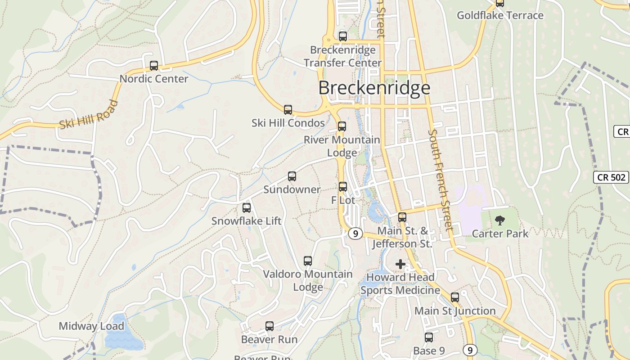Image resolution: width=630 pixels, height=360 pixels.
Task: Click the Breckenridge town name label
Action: pos(374,88)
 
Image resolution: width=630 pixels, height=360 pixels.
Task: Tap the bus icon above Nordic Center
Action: pos(154,66)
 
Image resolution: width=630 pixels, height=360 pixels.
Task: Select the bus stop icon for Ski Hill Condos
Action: pos(288,110)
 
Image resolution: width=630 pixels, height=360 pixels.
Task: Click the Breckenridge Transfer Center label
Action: pos(343,56)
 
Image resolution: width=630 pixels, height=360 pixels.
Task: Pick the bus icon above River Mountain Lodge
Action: pos(342,126)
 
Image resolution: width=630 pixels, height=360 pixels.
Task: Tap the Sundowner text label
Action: pos(292,189)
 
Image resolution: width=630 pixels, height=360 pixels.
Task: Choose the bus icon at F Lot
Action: pos(343,187)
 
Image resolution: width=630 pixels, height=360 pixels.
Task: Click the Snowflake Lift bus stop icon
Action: pos(247,208)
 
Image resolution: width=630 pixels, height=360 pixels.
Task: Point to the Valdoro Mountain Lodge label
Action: pos(308,280)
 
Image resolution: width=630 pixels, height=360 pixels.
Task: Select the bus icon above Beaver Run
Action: pos(270,326)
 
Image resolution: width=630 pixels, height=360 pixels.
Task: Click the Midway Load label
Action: pos(91,326)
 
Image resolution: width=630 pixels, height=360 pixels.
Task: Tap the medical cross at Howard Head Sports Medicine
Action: pos(400,264)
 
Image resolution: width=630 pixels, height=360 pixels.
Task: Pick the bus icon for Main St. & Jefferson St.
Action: pos(402,217)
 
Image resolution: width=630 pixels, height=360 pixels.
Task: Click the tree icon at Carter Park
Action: pos(499,220)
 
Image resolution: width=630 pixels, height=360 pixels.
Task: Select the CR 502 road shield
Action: pos(610,177)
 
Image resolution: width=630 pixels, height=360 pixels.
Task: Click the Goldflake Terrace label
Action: pos(500,15)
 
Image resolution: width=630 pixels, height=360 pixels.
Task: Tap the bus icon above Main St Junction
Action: pos(455,297)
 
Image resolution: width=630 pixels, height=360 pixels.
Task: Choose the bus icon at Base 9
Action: pos(429,337)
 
